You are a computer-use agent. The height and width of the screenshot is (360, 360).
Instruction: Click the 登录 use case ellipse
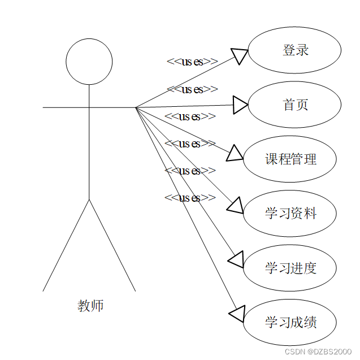(x=294, y=50)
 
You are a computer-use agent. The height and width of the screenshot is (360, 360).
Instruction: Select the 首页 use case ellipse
(x=294, y=105)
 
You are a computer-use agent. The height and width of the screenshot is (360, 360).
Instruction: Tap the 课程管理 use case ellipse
(x=290, y=159)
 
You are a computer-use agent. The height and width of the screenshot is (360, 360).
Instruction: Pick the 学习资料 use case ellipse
(x=290, y=213)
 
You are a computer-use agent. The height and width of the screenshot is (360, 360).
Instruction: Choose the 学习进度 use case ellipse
(x=290, y=267)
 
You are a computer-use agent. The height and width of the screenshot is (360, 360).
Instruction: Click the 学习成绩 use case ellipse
(x=290, y=322)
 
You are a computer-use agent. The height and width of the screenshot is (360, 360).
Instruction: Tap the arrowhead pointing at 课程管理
(x=235, y=154)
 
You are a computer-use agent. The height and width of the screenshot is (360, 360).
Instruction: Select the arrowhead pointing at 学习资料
(x=235, y=205)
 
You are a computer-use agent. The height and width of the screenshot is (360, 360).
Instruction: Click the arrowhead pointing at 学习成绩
(x=237, y=313)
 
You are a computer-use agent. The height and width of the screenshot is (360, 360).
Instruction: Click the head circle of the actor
(x=89, y=62)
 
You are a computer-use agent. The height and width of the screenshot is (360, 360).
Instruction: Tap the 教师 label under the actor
(x=90, y=306)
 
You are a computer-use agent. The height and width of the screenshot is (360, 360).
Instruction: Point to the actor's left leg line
(x=66, y=245)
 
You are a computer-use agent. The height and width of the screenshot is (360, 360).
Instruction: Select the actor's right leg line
(x=112, y=245)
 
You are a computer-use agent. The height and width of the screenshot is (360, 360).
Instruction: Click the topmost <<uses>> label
(x=192, y=62)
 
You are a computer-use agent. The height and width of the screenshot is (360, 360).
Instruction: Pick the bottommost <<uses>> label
(x=190, y=198)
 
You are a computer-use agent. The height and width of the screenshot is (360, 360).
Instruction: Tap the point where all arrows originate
(x=136, y=107)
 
